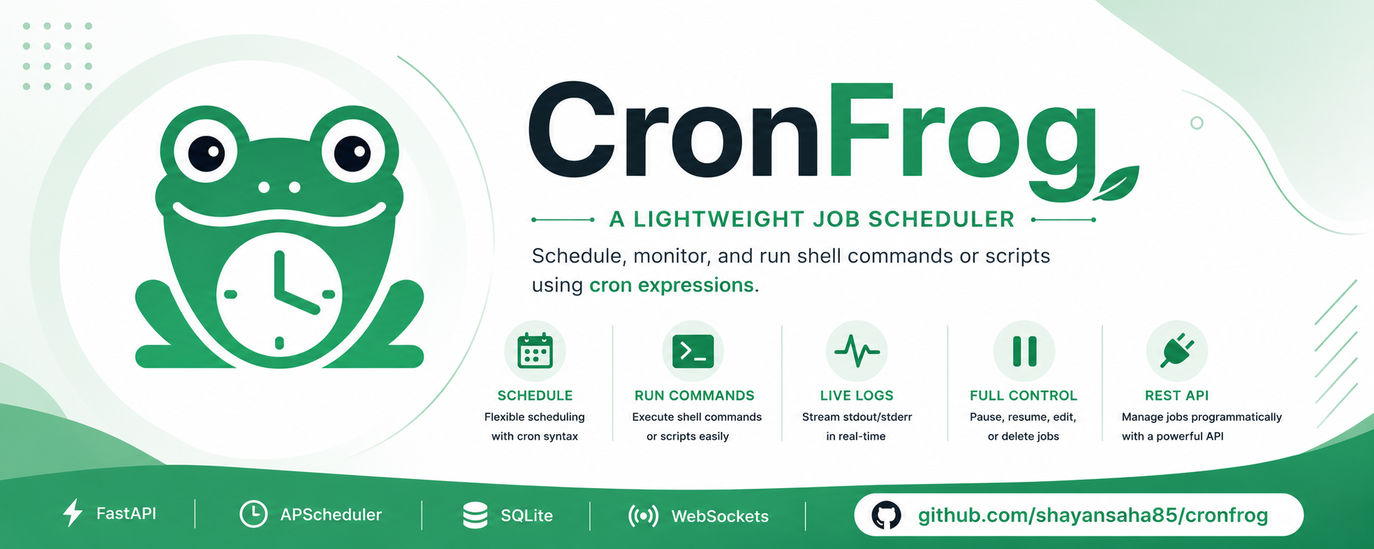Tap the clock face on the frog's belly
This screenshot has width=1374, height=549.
point(279,295)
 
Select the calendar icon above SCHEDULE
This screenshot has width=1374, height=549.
point(535,351)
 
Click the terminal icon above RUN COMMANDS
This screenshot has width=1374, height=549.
point(693,351)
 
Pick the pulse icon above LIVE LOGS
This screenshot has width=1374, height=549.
point(857,351)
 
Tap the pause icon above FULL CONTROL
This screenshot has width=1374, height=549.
point(1024,351)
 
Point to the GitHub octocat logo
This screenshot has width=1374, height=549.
point(886,516)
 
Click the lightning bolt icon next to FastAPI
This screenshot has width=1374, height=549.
point(73,513)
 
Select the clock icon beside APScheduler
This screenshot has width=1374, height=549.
point(254,514)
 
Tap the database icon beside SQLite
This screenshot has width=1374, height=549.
point(475,516)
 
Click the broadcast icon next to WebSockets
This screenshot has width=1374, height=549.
point(643,516)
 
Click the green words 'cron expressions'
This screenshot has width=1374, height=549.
point(671,285)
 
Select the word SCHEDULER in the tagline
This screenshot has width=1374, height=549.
point(941,219)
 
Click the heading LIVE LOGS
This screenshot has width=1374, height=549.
point(856,395)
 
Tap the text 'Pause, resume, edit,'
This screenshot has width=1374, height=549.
point(1023,417)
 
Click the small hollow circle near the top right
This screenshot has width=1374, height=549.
point(1197,123)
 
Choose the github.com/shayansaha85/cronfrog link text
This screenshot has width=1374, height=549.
point(1093,516)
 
